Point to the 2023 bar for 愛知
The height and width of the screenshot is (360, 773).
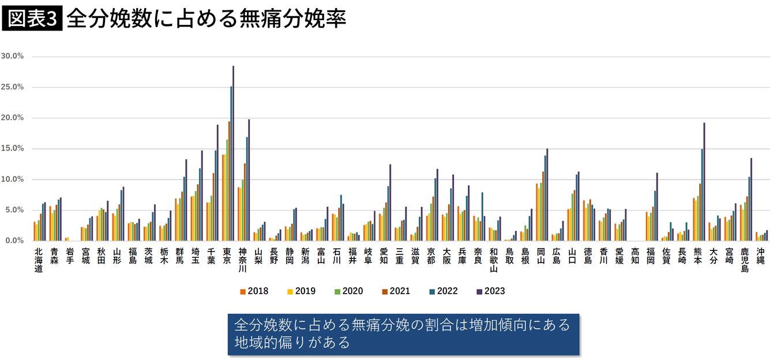pyautogui.click(x=390, y=202)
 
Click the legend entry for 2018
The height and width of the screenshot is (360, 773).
pyautogui.click(x=254, y=291)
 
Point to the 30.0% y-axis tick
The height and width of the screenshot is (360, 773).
pyautogui.click(x=12, y=56)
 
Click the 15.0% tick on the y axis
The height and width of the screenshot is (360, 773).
pyautogui.click(x=12, y=148)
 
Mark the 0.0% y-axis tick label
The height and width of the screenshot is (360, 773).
pyautogui.click(x=14, y=241)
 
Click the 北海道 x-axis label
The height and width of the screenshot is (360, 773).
pyautogui.click(x=39, y=260)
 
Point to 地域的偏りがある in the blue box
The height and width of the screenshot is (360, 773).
pyautogui.click(x=292, y=342)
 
